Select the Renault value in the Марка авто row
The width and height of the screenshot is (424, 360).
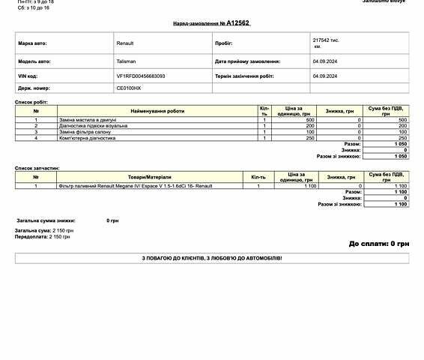coord(125,43)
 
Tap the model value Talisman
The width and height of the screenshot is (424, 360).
coord(126,61)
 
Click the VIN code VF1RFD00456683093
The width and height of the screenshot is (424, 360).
coord(141,76)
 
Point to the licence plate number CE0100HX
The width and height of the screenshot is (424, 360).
coord(129,88)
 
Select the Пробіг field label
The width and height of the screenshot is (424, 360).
coord(223,43)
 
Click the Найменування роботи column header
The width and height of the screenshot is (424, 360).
coord(157,111)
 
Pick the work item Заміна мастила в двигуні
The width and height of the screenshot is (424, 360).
coord(88,120)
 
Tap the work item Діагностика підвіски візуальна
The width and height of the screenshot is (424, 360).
coord(93,126)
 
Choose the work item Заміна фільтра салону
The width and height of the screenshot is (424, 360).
coord(84,132)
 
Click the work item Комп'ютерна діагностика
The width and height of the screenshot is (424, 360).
coord(87,138)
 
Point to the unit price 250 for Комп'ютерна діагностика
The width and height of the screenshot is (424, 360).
coord(310,138)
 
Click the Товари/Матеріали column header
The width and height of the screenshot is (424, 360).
coord(149,177)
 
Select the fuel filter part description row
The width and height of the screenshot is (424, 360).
coord(136,185)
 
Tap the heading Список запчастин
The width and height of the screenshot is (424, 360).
coord(37,169)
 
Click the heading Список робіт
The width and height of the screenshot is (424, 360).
coord(30,102)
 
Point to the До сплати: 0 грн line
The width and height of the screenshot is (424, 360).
coord(378,244)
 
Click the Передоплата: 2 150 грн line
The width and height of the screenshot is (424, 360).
coord(43,236)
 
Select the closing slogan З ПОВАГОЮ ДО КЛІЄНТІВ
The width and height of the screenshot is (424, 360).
coord(212,258)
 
